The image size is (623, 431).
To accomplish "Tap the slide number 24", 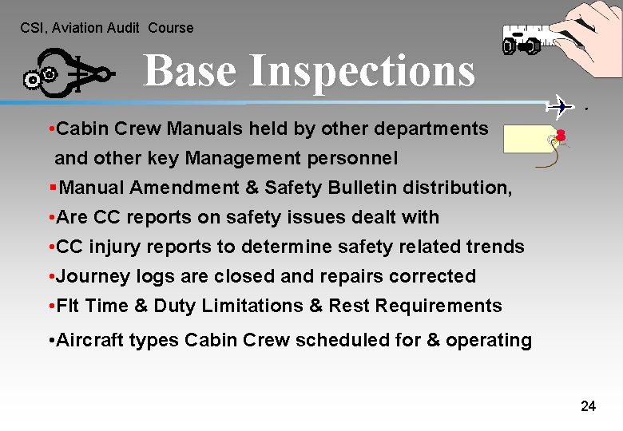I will click(x=588, y=406).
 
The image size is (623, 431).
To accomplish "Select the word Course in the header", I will click(x=171, y=28).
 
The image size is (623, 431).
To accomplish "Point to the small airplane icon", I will click(x=561, y=105).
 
